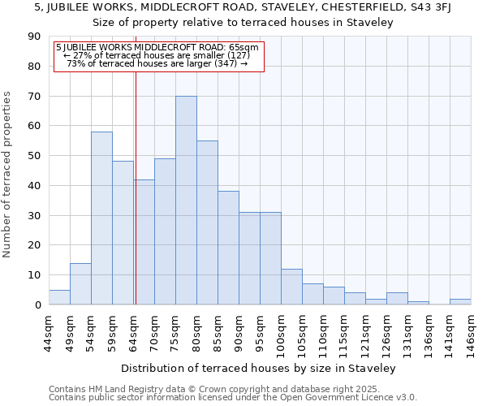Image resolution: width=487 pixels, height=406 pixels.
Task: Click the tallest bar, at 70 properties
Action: coord(186,201)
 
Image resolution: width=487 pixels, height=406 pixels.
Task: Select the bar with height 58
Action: coord(101,218)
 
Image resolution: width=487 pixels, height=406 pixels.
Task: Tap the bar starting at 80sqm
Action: coord(207,222)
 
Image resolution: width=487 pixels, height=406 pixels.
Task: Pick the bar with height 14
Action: coord(80,283)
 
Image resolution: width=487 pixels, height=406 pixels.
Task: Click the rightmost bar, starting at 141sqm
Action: coord(460,301)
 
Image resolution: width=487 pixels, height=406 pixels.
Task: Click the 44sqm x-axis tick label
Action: coord(49,332)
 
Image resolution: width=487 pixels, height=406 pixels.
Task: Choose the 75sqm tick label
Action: coord(175,332)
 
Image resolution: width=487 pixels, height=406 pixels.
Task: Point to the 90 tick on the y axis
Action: coord(34,37)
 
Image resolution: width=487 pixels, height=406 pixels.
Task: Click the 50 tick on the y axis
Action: coord(34,156)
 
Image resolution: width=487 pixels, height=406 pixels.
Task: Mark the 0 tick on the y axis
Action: coord(37,304)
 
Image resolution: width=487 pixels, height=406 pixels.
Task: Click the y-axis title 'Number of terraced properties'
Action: coord(8,174)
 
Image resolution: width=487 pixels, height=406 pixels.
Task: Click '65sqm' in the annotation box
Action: coord(243,47)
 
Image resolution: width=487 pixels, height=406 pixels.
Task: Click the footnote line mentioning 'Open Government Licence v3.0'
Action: coord(233,398)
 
